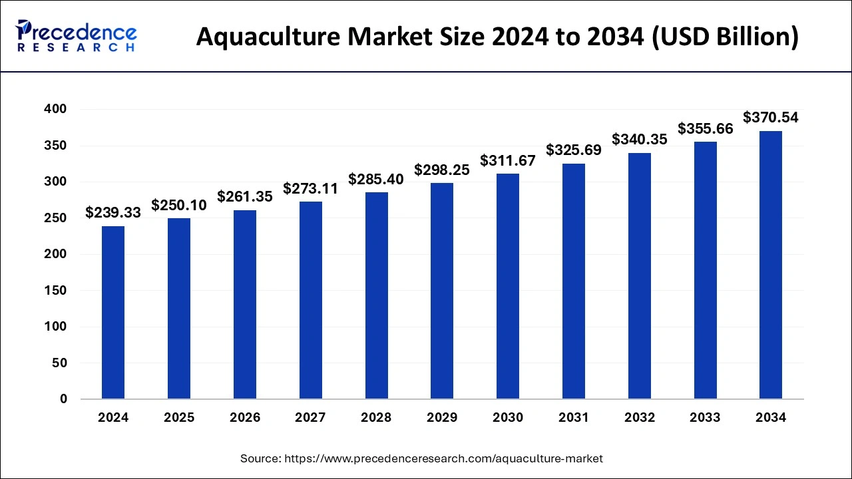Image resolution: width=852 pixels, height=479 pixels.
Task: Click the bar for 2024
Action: pyautogui.click(x=113, y=313)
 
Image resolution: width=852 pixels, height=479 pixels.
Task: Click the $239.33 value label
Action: pyautogui.click(x=113, y=212)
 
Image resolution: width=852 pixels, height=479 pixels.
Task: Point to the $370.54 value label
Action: pyautogui.click(x=771, y=118)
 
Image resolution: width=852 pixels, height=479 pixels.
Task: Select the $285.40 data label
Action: pyautogui.click(x=376, y=179)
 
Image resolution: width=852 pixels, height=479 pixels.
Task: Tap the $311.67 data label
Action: pyautogui.click(x=508, y=160)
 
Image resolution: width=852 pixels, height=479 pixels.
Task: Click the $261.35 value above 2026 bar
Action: pyautogui.click(x=245, y=197)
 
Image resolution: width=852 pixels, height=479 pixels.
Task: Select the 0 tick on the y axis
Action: pyautogui.click(x=63, y=399)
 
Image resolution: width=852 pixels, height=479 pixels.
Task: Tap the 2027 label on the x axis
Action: pyautogui.click(x=310, y=418)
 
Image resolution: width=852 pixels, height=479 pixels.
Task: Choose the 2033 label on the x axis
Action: pyautogui.click(x=705, y=418)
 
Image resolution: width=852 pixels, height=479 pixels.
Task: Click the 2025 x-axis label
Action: pyautogui.click(x=179, y=418)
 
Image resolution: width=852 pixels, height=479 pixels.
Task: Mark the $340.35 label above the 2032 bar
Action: pyautogui.click(x=640, y=139)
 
